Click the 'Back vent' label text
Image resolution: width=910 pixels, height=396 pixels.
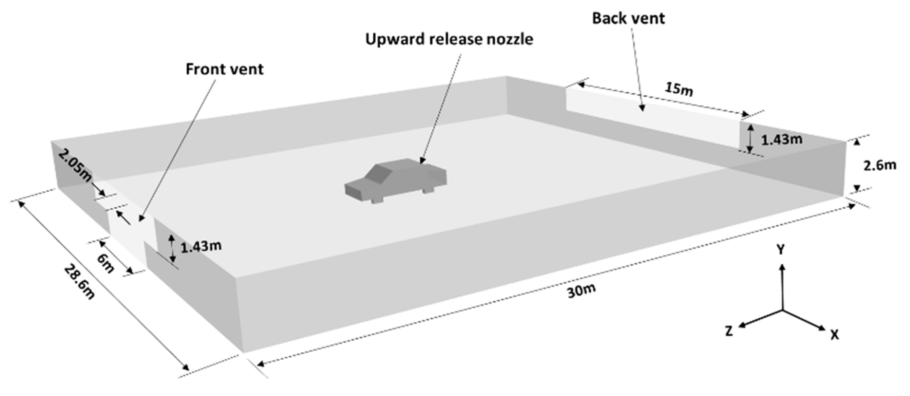[628, 18]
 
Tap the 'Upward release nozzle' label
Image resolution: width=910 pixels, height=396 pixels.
[449, 39]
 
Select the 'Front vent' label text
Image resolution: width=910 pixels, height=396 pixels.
[224, 69]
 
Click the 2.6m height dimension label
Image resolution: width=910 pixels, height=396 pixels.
[880, 165]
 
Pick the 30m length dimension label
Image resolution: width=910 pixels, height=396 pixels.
[581, 290]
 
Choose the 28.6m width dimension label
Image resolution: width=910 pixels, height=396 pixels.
[80, 282]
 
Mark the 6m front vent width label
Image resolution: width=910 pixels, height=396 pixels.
[105, 263]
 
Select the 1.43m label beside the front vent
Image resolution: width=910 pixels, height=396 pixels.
[201, 246]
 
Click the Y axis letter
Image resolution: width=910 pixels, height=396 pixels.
[780, 250]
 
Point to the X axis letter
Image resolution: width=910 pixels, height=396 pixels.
[834, 334]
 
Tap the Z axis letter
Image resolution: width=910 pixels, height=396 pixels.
[729, 331]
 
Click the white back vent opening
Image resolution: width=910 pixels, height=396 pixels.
[653, 117]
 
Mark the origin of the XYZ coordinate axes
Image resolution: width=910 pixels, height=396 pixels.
[782, 311]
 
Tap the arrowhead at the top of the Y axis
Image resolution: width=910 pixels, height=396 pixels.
[782, 267]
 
